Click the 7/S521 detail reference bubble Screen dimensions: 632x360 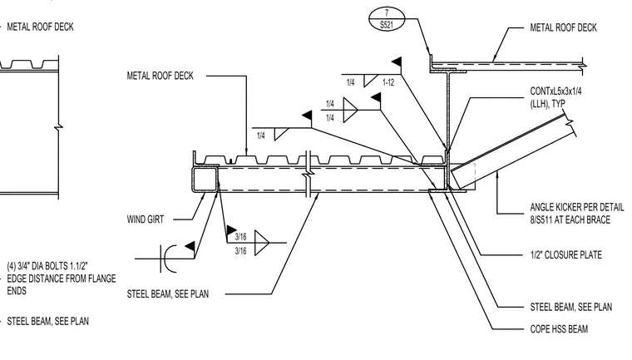[387, 19]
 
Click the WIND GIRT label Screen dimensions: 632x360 [146, 219]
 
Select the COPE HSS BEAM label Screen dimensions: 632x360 [559, 329]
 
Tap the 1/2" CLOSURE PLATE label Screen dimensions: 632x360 [566, 254]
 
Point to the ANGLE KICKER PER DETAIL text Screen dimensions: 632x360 [577, 207]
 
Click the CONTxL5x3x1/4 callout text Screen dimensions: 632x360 [555, 91]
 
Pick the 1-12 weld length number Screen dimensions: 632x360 [388, 82]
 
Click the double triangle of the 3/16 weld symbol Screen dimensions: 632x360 [262, 243]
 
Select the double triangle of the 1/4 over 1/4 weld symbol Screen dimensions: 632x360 [350, 110]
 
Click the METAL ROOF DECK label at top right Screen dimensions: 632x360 [563, 27]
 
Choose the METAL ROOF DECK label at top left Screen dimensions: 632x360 [40, 27]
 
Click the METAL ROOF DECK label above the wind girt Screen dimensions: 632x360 [160, 76]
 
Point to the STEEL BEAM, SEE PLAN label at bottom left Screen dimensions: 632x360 [48, 321]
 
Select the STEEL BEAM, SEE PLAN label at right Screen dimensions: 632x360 [570, 307]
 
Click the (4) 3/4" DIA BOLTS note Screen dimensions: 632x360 [62, 279]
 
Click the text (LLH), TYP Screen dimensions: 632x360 [547, 104]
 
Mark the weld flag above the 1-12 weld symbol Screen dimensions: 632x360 [397, 62]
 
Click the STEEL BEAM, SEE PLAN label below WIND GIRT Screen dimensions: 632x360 [168, 293]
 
